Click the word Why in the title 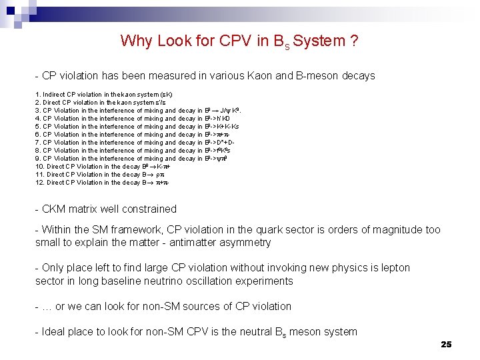click(x=135, y=41)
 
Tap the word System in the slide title click(x=317, y=41)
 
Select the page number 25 click(x=446, y=344)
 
